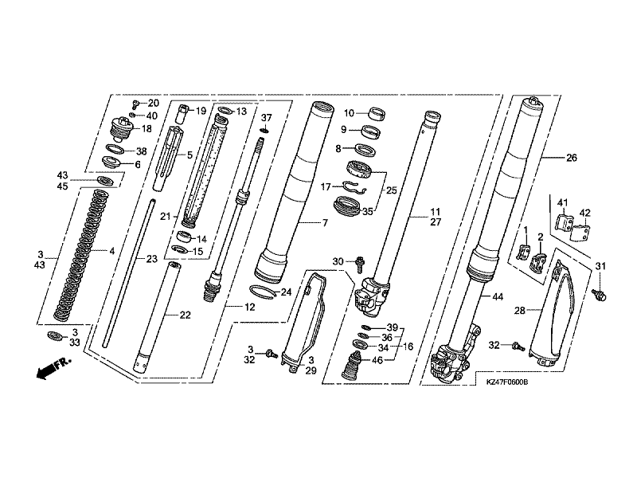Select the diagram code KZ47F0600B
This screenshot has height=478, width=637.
click(507, 382)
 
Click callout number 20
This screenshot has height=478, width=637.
click(153, 104)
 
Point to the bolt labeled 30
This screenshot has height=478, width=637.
click(360, 264)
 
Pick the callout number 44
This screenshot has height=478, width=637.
click(498, 297)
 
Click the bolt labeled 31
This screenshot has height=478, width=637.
click(600, 295)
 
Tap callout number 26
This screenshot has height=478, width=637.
click(571, 157)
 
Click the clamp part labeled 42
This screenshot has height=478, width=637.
click(581, 232)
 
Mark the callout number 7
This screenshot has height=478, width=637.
click(325, 223)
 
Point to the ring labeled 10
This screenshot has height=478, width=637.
click(377, 113)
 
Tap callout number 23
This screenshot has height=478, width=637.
click(151, 259)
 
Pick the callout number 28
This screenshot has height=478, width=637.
click(520, 311)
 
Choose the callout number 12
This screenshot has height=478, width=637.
click(250, 308)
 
